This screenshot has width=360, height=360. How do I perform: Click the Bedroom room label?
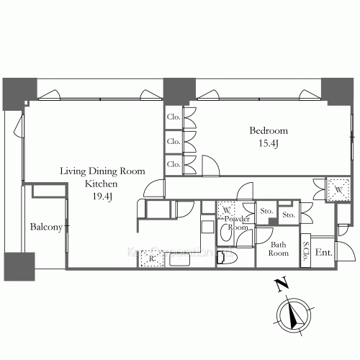[269, 131]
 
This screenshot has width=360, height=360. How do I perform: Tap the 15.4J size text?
[269, 143]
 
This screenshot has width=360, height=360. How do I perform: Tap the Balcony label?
[46, 227]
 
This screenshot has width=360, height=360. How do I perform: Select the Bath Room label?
[279, 248]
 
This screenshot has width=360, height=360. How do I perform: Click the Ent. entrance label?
[323, 252]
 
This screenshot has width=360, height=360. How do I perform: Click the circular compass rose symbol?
[293, 315]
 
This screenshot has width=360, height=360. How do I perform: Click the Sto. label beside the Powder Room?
[265, 212]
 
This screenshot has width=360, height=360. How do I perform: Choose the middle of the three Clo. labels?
[173, 141]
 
